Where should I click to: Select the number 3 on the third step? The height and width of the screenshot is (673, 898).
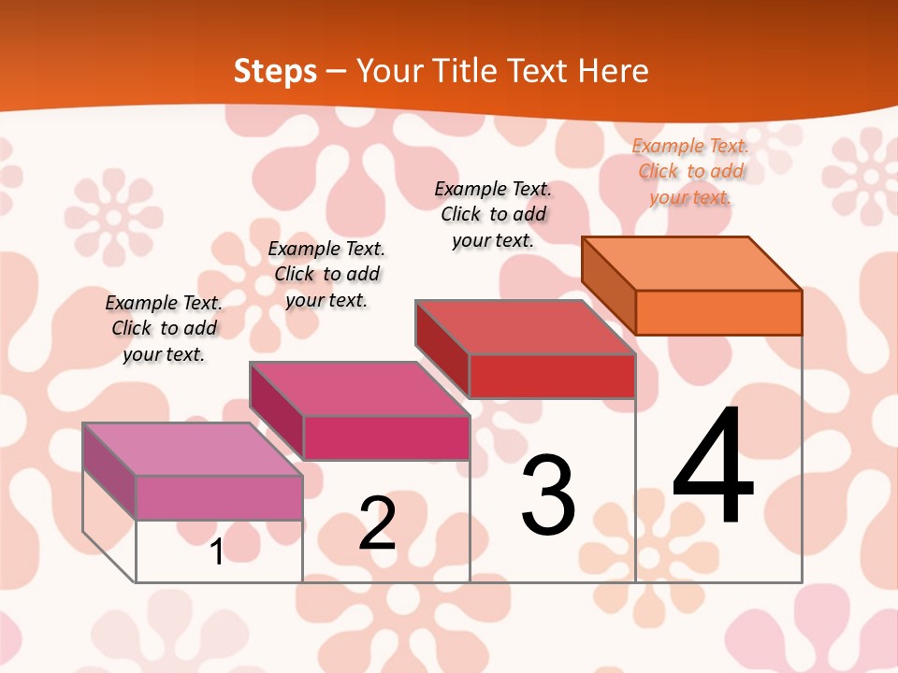pos(548,495)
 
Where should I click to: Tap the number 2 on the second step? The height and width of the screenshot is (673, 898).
pos(378,523)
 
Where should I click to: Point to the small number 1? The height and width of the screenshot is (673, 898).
pos(216,552)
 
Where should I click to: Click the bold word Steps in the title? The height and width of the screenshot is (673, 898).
pos(275,71)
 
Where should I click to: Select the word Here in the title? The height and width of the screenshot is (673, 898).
pos(613,71)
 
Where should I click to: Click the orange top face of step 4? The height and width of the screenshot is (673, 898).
pos(691,263)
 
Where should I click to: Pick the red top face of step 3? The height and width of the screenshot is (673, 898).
pos(525,327)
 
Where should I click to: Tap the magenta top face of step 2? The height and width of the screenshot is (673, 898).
pos(359,389)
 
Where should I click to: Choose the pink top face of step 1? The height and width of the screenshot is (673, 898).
pos(193,450)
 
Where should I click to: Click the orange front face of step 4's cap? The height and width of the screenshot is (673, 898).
pos(718,312)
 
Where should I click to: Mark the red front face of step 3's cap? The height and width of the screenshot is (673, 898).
pos(552,377)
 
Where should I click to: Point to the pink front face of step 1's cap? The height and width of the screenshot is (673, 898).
pos(219,497)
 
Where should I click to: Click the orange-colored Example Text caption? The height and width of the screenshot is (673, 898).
pos(690,171)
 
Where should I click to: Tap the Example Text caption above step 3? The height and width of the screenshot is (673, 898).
pos(493,214)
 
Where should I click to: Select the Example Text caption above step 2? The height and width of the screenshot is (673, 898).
pos(326,274)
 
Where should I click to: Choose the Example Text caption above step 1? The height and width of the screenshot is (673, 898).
pos(164,328)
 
